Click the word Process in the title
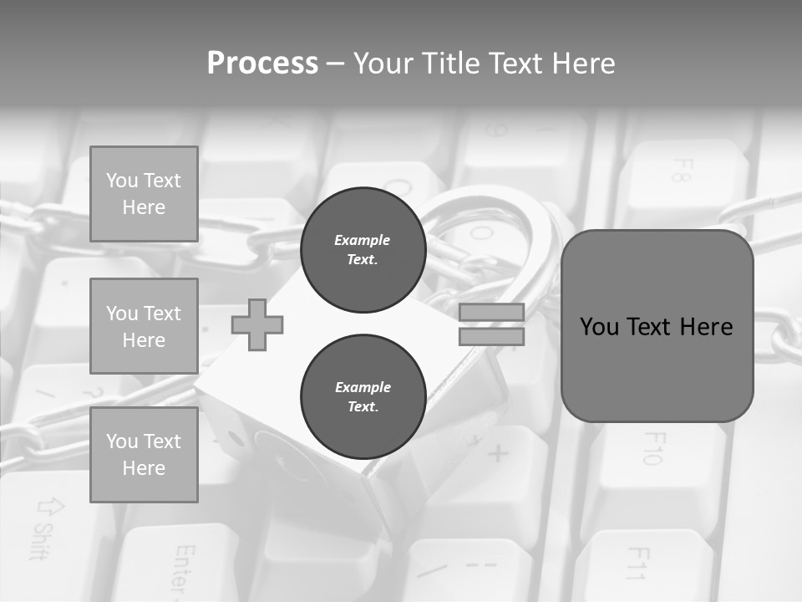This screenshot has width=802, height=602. tap(262, 64)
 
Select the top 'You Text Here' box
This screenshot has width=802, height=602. tap(144, 194)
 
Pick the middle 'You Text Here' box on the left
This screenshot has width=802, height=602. tap(144, 326)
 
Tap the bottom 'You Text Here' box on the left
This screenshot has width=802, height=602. tap(144, 455)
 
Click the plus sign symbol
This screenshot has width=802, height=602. tap(257, 324)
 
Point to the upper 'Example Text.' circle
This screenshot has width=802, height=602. tap(363, 250)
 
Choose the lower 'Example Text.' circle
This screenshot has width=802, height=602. tap(363, 397)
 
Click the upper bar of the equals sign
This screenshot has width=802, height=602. tap(491, 313)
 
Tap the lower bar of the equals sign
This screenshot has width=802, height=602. tap(491, 337)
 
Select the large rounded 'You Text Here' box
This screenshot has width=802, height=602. tap(657, 326)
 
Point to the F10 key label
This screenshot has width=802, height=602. tap(652, 447)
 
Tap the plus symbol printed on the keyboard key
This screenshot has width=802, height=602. tap(498, 454)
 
